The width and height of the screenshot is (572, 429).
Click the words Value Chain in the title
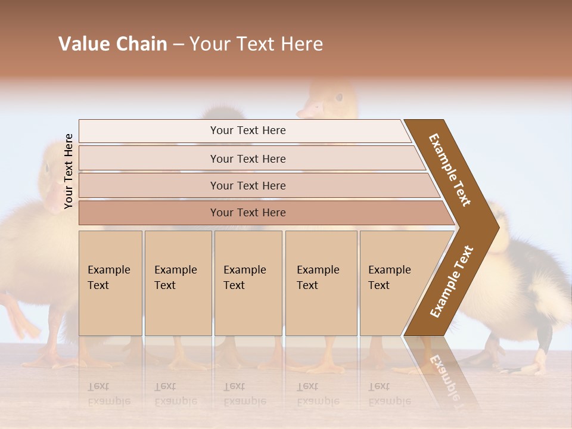(113, 44)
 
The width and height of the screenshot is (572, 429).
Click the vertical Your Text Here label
(69, 171)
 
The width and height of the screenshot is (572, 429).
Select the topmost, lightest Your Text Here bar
(248, 130)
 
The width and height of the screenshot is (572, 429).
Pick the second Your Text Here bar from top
(248, 158)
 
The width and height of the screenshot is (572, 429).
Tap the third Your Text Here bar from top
(248, 185)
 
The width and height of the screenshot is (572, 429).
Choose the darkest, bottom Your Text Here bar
(248, 213)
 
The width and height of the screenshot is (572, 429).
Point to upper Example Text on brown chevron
(450, 169)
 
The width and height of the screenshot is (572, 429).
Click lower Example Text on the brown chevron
(452, 281)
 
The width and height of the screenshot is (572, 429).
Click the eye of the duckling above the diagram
(338, 97)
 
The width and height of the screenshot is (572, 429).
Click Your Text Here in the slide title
(256, 44)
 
